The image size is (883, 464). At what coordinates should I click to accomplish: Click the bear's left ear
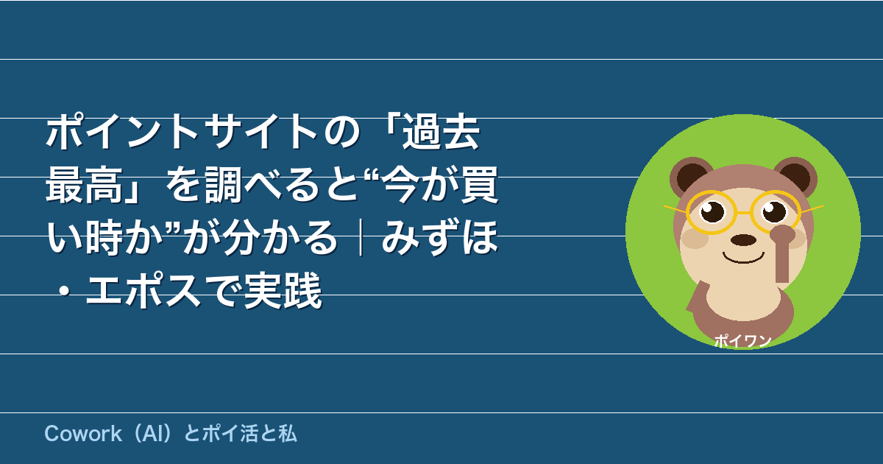[x=691, y=177]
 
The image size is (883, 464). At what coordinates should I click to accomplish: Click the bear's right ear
[x=795, y=177]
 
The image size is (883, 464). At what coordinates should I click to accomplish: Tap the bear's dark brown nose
[x=743, y=240]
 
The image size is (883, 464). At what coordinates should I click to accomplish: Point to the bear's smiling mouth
[x=743, y=258]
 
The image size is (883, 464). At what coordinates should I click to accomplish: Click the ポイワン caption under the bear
[x=742, y=341]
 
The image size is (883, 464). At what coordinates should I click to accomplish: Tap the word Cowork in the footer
[x=83, y=434]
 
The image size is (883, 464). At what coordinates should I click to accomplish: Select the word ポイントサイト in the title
[x=182, y=133]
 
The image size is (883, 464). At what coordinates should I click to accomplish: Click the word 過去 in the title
[x=441, y=133]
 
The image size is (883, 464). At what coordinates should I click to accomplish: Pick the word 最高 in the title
[x=85, y=185]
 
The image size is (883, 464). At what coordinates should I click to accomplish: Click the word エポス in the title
[x=144, y=290]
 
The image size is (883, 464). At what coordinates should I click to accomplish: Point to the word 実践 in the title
[x=283, y=290]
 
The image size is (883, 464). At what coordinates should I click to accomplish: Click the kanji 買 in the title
[x=480, y=185]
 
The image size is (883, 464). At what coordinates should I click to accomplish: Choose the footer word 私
[x=288, y=434]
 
